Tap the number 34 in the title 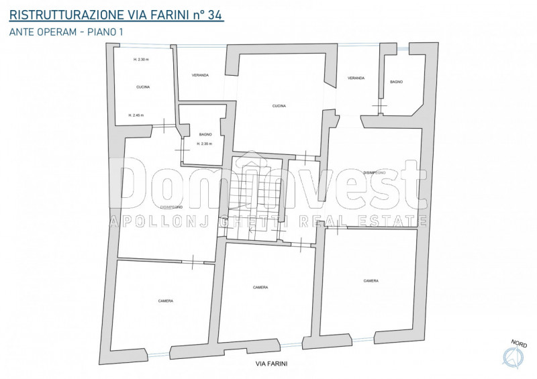tap(213, 13)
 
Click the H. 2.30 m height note tap(140, 60)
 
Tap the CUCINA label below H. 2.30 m tap(143, 87)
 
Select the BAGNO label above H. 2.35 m tap(205, 134)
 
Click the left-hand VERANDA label tap(200, 75)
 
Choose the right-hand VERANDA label tap(356, 78)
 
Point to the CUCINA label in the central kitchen tap(279, 106)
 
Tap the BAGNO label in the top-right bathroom tap(396, 82)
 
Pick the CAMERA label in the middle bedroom tap(260, 287)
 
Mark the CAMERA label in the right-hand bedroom tap(371, 281)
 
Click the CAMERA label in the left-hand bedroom tap(166, 301)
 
